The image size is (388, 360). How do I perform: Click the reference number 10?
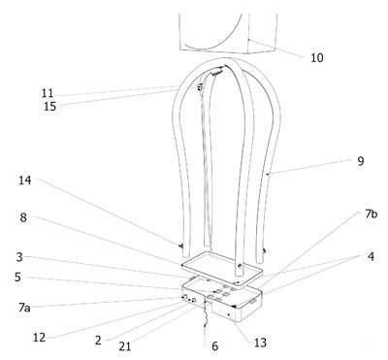tap(317, 58)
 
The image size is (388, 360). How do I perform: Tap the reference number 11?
tap(48, 93)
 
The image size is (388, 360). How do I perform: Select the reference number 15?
tap(49, 106)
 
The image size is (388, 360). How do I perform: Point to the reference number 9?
tap(361, 161)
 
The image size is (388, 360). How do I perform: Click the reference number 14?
tap(25, 180)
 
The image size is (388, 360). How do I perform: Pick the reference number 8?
tap(23, 217)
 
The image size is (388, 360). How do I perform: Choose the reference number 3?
tap(19, 257)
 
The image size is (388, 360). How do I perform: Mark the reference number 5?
tap(17, 278)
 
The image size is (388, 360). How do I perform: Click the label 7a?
tap(24, 308)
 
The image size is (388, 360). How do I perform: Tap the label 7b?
tap(371, 214)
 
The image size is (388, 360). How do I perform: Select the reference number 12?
tap(39, 338)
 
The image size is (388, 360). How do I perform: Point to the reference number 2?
tap(98, 340)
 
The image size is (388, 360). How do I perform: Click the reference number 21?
tap(125, 346)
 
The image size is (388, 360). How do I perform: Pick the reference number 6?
tap(215, 346)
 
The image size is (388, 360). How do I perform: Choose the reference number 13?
tap(260, 343)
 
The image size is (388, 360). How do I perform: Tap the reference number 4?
tap(371, 257)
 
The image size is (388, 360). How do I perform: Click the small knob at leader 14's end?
tap(181, 246)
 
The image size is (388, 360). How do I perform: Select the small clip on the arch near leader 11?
tap(200, 86)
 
